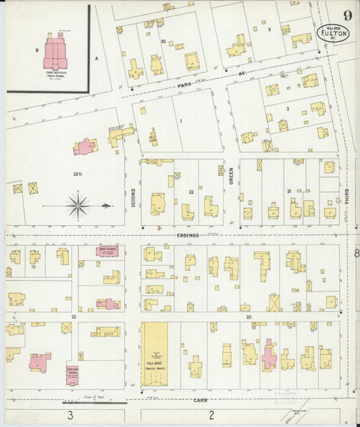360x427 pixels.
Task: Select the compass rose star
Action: point(79,205)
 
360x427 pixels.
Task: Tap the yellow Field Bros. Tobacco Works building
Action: point(155,353)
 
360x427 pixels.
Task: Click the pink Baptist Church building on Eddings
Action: point(107,251)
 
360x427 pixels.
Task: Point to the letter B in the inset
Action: point(36,50)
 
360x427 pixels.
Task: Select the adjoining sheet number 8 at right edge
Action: point(355,253)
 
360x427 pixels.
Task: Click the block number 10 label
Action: point(163,41)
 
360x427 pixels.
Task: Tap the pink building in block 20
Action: point(268,356)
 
